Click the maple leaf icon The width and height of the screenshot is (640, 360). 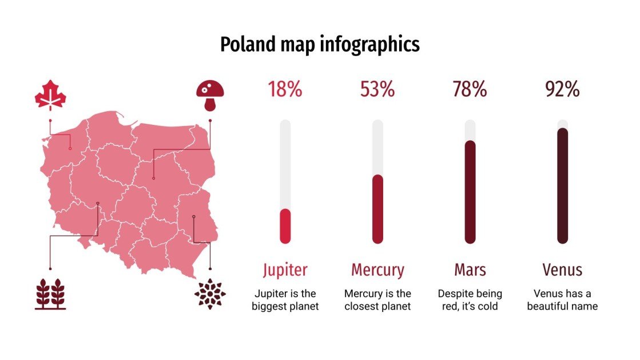pos(50,95)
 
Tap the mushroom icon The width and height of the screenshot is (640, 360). pos(210,95)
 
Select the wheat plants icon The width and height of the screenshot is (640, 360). pos(50,294)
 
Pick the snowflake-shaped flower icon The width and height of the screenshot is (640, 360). pos(210,294)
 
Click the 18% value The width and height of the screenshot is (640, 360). pos(285,89)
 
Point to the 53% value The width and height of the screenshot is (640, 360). pos(377,89)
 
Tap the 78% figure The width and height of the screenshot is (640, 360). pos(470,89)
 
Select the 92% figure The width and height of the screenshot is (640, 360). pos(562,89)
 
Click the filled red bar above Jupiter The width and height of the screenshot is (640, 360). pos(285,226)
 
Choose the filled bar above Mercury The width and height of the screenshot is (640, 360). pos(377,208)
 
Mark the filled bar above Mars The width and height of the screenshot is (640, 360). pos(470,192)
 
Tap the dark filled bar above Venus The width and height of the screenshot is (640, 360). pos(563,185)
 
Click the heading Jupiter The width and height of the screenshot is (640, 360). pos(285,270)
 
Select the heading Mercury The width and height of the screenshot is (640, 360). pos(377,270)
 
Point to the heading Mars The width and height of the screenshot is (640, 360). pos(470,270)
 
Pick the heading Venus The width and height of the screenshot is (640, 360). pos(562,270)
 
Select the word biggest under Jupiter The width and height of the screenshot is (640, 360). pos(271,306)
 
